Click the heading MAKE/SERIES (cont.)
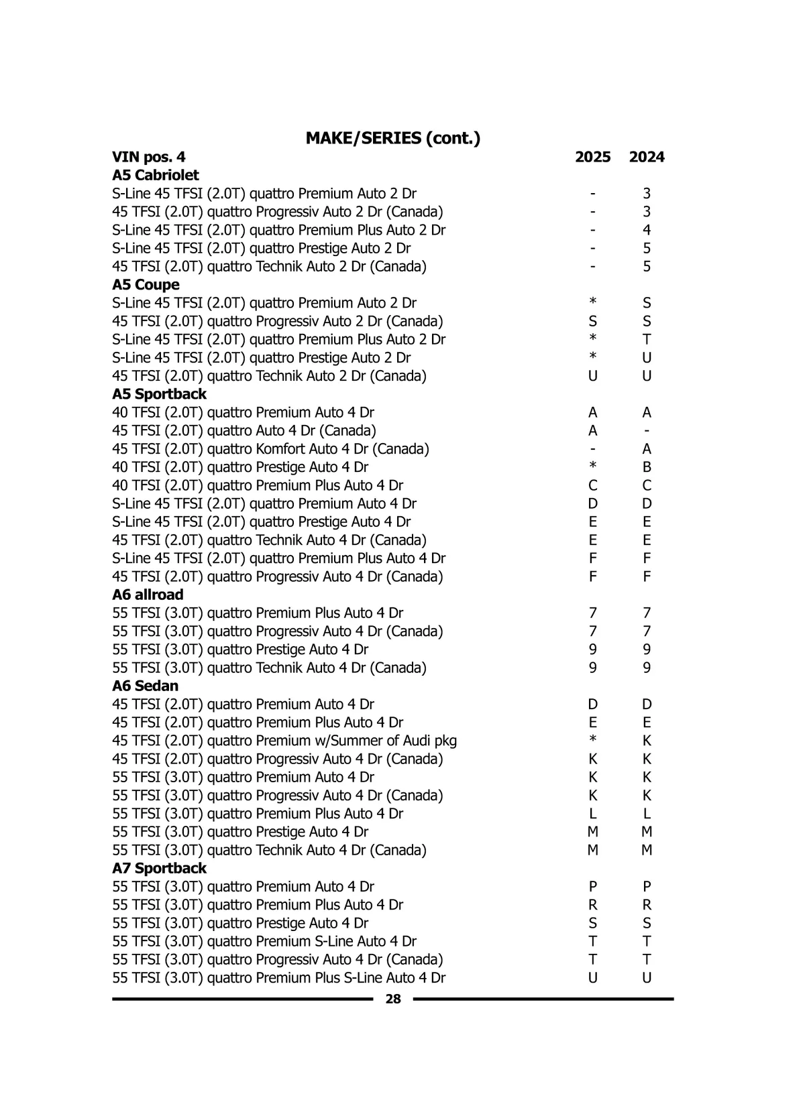click(392, 138)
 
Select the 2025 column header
click(593, 157)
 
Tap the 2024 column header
click(647, 157)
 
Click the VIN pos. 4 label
click(149, 157)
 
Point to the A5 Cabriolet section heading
click(156, 175)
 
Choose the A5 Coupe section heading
click(146, 285)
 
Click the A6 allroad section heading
click(148, 595)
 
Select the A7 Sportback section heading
click(159, 868)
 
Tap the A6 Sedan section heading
click(145, 686)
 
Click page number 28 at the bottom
click(393, 999)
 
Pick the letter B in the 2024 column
click(647, 467)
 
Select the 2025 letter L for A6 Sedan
click(593, 814)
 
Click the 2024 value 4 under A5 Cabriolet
click(647, 230)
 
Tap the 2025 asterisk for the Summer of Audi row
click(593, 739)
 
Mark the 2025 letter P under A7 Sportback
click(593, 886)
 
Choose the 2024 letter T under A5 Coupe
click(647, 339)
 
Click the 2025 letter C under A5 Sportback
click(593, 485)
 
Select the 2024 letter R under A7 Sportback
click(647, 905)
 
